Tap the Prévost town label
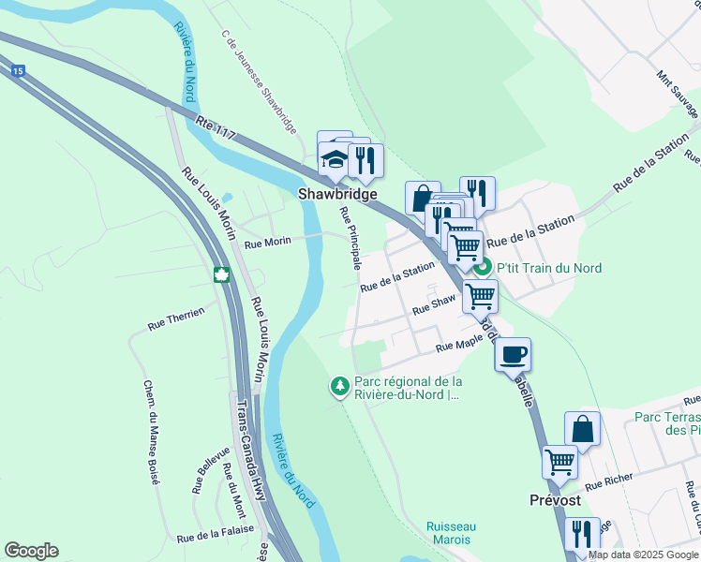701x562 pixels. [552, 500]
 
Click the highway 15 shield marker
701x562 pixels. [18, 70]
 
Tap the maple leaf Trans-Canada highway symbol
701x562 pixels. [222, 274]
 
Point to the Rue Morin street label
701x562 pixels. [267, 243]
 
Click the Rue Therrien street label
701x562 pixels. [175, 320]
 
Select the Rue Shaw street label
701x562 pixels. [434, 303]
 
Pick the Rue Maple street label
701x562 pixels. [458, 347]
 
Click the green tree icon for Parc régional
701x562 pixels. [339, 385]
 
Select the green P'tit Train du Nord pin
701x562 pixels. [483, 268]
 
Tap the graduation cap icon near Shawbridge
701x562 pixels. [335, 157]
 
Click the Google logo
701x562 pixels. [31, 551]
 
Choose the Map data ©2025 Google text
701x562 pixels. [642, 555]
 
